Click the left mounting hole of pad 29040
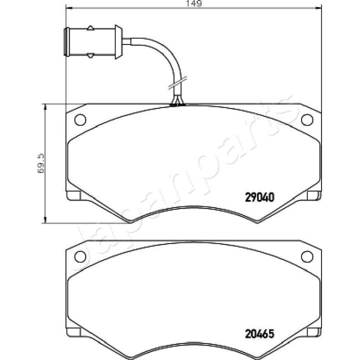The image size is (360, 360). point(80,119)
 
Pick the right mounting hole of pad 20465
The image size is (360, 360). point(307,256)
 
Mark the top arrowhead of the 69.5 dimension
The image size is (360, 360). point(45,106)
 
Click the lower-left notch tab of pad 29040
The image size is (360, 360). point(73,195)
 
